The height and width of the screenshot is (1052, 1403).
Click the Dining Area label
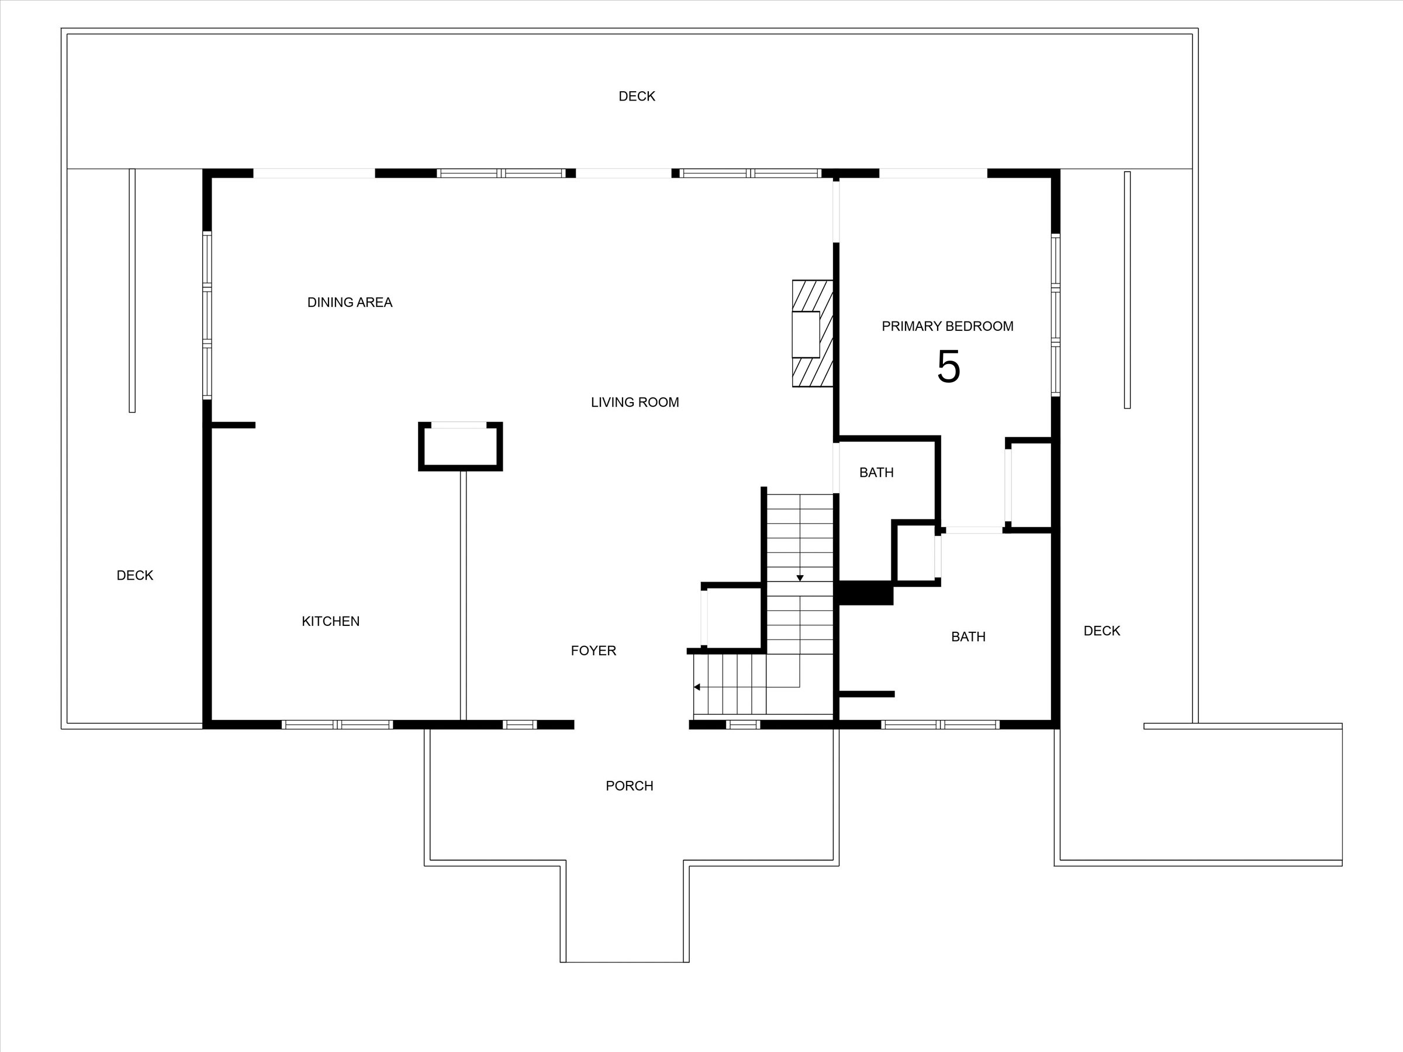tap(350, 303)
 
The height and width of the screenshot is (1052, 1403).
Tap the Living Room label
tap(635, 402)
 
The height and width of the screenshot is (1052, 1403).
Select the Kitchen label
tap(330, 621)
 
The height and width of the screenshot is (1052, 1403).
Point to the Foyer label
tap(593, 650)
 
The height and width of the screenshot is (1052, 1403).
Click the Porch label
tap(629, 785)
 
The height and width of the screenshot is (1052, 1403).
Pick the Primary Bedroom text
tap(947, 326)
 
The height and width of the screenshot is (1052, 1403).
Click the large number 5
tap(948, 366)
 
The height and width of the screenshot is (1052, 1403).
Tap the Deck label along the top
tap(637, 96)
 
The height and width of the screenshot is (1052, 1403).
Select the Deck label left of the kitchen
tap(134, 575)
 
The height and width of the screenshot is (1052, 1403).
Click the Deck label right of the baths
tap(1102, 631)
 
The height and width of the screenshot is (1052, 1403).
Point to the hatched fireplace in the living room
tap(812, 334)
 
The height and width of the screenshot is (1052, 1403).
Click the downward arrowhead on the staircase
tap(800, 579)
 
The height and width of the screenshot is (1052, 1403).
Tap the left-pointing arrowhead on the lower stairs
tap(696, 687)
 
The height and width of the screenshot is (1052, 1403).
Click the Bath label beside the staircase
tap(876, 472)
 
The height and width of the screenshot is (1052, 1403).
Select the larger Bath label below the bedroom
tap(968, 636)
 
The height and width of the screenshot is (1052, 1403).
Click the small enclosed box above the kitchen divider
tap(461, 447)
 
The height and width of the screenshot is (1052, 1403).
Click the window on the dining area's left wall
tap(207, 316)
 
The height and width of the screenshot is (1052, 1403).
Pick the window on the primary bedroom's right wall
tap(1055, 316)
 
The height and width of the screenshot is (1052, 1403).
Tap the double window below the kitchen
tap(337, 725)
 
